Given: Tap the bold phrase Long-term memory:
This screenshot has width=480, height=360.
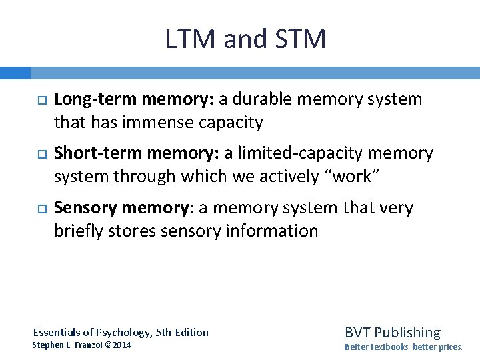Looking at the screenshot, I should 134,99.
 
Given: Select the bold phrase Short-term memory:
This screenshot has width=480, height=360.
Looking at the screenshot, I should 137,153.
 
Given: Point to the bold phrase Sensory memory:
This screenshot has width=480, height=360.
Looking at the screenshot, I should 125,208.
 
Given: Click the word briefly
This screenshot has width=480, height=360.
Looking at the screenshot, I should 77,231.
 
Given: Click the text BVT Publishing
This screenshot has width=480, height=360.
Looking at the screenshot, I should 392,332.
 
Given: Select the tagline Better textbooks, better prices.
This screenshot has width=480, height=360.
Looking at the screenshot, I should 403,347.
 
